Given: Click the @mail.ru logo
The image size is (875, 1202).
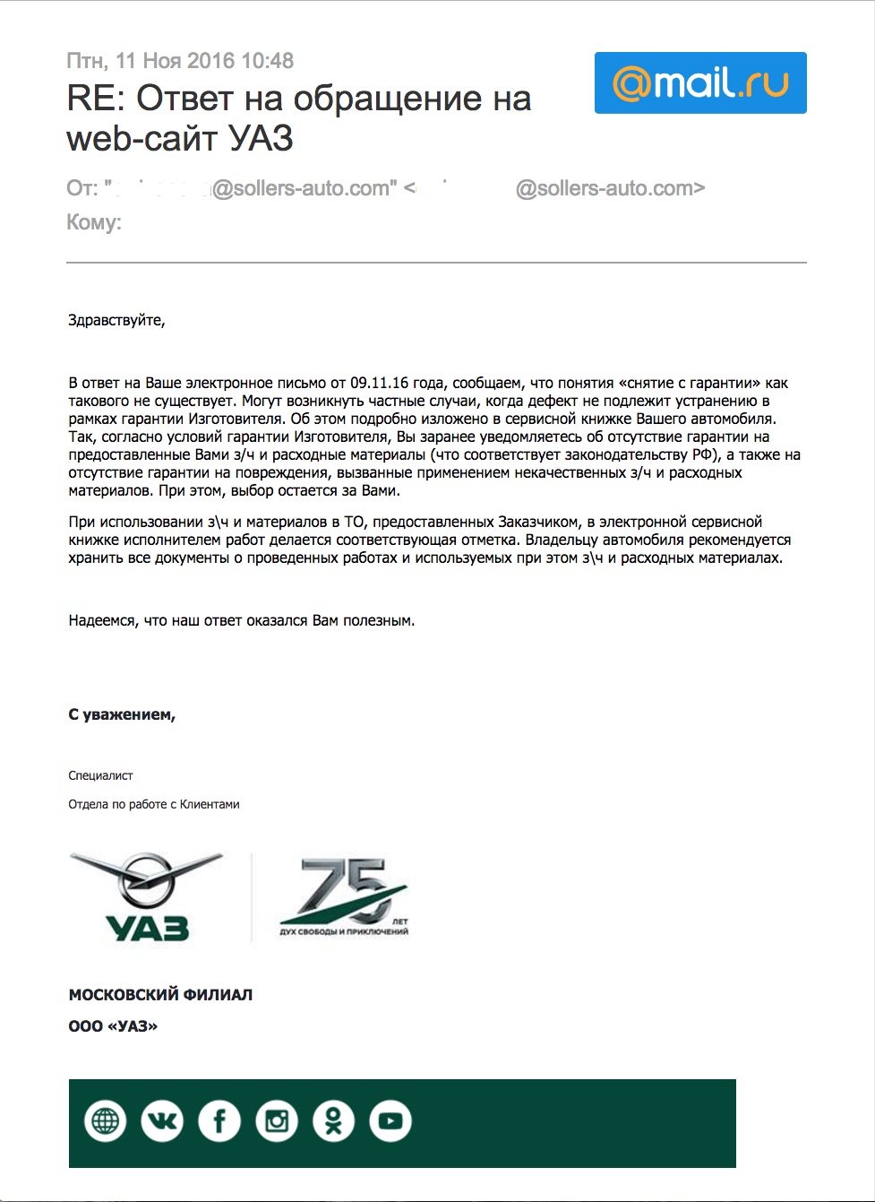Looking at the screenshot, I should (700, 82).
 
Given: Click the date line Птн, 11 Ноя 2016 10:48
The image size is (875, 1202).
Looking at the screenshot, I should (180, 61).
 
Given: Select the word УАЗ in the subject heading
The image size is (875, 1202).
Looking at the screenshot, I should (261, 138).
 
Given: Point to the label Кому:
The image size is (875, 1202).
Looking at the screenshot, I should (94, 222).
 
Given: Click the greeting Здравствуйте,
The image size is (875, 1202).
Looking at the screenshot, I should (116, 320).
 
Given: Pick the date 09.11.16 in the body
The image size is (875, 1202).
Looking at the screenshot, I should (379, 383).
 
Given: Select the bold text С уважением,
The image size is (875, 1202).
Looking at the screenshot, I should (122, 714).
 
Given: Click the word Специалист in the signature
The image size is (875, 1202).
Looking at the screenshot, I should (100, 775).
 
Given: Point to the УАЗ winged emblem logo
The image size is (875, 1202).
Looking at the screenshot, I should (147, 896).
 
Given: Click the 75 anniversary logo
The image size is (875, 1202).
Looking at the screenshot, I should (344, 896).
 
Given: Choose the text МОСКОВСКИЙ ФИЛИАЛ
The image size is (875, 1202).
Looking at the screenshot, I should (160, 995).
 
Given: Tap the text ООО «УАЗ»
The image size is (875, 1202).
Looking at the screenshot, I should (113, 1026).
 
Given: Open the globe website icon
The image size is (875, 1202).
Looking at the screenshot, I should (105, 1121).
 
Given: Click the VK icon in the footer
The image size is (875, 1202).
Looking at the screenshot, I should (162, 1121).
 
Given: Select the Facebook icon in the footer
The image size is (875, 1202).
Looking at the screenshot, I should (219, 1121).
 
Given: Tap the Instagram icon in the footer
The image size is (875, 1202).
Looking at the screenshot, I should (277, 1121).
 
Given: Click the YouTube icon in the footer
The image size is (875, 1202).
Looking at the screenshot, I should (390, 1121).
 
